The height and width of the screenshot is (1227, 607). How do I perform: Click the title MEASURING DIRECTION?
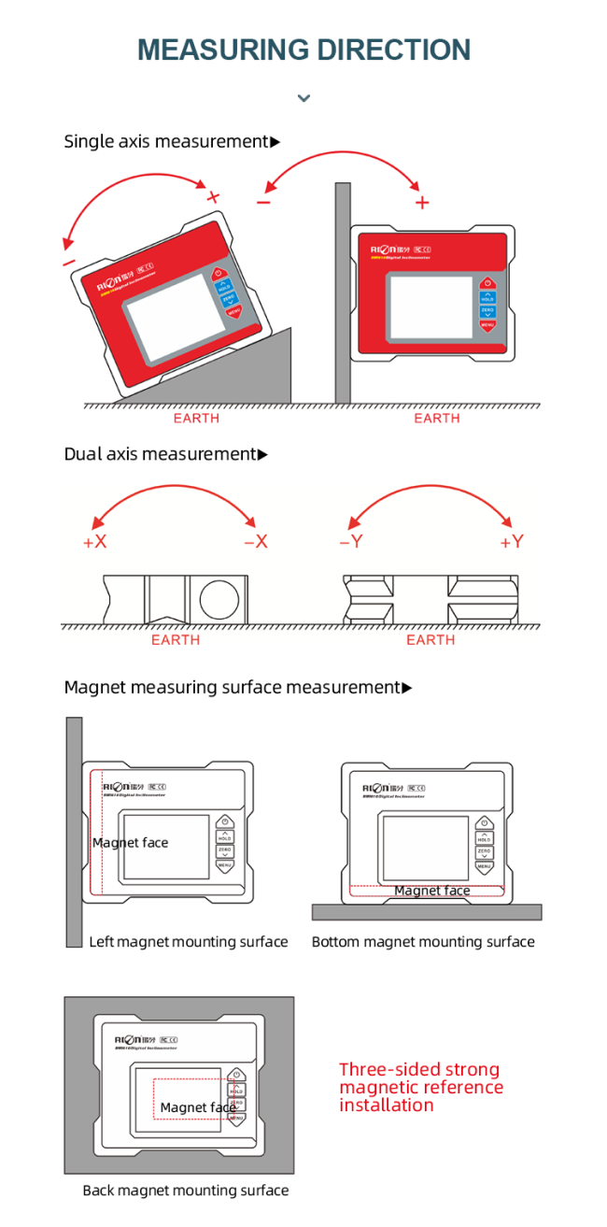pyautogui.click(x=303, y=50)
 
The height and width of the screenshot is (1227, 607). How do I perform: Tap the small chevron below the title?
pyautogui.click(x=303, y=97)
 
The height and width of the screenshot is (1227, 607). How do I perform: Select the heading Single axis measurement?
pyautogui.click(x=166, y=141)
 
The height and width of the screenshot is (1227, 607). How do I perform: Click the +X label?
pyautogui.click(x=95, y=542)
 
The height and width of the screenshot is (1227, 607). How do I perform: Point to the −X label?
pyautogui.click(x=255, y=542)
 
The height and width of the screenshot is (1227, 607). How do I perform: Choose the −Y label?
pyautogui.click(x=350, y=542)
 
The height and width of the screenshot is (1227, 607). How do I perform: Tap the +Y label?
pyautogui.click(x=512, y=542)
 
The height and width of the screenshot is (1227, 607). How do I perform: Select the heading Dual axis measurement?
pyautogui.click(x=160, y=454)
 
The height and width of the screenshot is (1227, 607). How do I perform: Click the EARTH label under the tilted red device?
pyautogui.click(x=196, y=418)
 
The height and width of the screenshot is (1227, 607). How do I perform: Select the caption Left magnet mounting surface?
pyautogui.click(x=189, y=942)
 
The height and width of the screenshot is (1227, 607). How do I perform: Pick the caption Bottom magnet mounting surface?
pyautogui.click(x=423, y=942)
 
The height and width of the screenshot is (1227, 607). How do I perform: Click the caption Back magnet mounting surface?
pyautogui.click(x=186, y=1191)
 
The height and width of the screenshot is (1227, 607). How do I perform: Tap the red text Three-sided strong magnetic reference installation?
pyautogui.click(x=420, y=1087)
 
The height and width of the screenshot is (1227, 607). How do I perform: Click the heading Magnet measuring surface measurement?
pyautogui.click(x=232, y=688)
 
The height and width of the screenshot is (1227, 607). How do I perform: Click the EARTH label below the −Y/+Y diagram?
pyautogui.click(x=431, y=640)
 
